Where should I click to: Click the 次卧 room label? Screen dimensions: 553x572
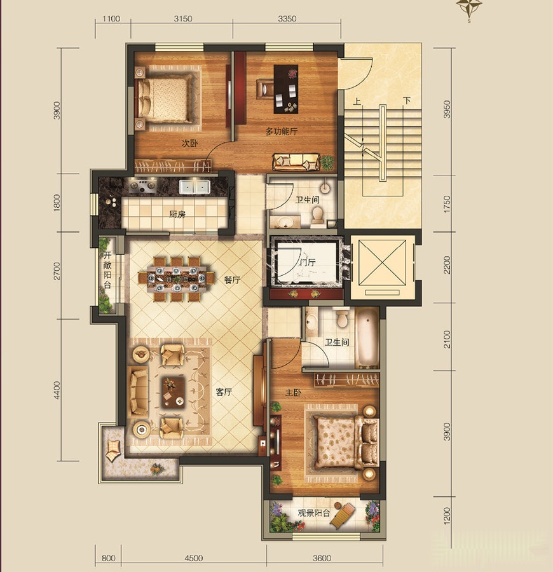(189, 144)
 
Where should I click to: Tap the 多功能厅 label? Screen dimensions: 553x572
(281, 132)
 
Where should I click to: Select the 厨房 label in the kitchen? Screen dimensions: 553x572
(177, 214)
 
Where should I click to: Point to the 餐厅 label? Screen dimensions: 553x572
(232, 280)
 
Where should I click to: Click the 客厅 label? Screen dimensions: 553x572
(224, 392)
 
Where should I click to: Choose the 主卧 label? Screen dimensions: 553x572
(293, 393)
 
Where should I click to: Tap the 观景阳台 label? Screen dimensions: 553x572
(314, 513)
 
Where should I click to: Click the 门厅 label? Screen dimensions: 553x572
(308, 262)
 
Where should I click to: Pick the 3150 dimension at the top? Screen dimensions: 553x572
(183, 18)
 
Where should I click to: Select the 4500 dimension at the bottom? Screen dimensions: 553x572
(194, 558)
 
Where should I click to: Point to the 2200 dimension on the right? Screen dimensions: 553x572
(447, 265)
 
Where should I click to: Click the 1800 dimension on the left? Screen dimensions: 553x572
(57, 203)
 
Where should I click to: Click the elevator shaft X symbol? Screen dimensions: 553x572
(382, 262)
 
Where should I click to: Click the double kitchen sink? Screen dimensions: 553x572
(194, 187)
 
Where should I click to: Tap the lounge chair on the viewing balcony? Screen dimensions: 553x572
(342, 515)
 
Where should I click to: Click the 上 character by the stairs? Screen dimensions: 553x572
(357, 101)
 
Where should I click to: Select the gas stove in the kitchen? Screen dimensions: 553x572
(144, 186)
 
